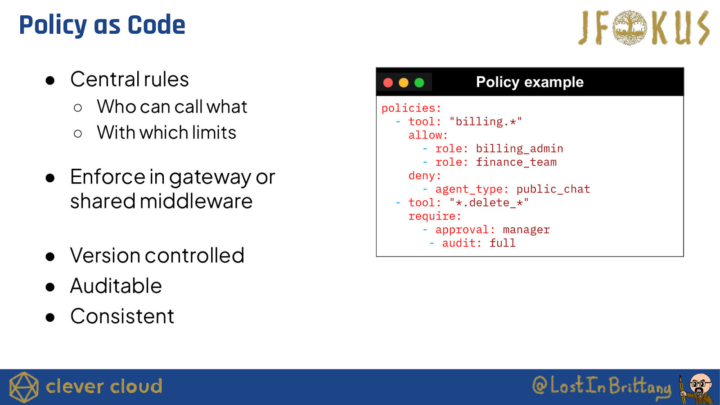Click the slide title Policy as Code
pyautogui.click(x=102, y=25)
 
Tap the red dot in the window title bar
pyautogui.click(x=388, y=83)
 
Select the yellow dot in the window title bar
pyautogui.click(x=404, y=83)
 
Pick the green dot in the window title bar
pyautogui.click(x=419, y=83)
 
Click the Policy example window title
pyautogui.click(x=530, y=82)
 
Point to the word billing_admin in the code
pyautogui.click(x=519, y=148)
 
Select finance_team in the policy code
pyautogui.click(x=516, y=162)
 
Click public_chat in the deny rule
pyautogui.click(x=553, y=189)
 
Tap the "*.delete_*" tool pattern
pyautogui.click(x=489, y=202)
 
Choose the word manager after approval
pyautogui.click(x=526, y=230)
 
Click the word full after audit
pyautogui.click(x=502, y=243)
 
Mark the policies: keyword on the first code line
pyautogui.click(x=411, y=108)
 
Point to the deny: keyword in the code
pyautogui.click(x=425, y=175)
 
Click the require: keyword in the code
pyautogui.click(x=435, y=216)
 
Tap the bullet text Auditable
pyautogui.click(x=116, y=286)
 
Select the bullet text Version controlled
pyautogui.click(x=157, y=256)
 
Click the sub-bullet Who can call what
pyautogui.click(x=172, y=107)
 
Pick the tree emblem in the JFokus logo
pyautogui.click(x=630, y=27)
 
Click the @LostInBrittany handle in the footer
pyautogui.click(x=602, y=386)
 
